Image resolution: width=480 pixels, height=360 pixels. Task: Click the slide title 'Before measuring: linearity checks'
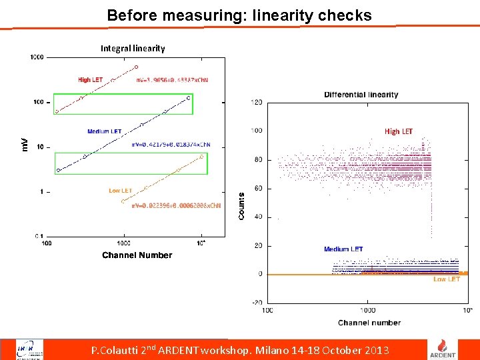[239, 15]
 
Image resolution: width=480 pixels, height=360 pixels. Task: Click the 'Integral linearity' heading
[133, 48]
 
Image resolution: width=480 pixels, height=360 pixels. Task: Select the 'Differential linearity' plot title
[361, 95]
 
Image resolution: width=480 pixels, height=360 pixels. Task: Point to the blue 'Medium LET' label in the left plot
[103, 131]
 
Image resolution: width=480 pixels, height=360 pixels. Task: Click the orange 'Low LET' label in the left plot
[121, 191]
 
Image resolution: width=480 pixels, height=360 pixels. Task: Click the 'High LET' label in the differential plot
[398, 131]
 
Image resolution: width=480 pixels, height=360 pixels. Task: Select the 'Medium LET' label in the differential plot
[343, 249]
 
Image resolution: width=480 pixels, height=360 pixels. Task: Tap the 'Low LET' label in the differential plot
[446, 279]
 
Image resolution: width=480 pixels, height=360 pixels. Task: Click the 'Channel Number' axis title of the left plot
[137, 255]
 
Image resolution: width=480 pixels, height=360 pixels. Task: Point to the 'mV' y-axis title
[25, 144]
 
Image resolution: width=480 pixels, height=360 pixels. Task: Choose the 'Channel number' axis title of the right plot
[369, 323]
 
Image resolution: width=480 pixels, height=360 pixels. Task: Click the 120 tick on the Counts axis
[256, 103]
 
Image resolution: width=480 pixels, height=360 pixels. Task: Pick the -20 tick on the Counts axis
[256, 303]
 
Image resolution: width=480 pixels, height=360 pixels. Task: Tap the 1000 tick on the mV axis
[37, 57]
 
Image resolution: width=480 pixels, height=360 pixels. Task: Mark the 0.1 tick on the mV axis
[39, 236]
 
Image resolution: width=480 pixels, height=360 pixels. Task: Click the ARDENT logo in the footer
[446, 349]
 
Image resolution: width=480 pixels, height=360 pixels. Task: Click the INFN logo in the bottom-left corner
[30, 349]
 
